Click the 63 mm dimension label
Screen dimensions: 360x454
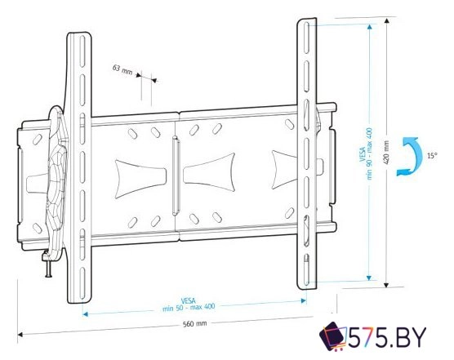pyautogui.click(x=122, y=70)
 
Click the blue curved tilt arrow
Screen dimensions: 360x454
pyautogui.click(x=406, y=155)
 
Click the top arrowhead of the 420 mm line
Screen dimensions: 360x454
pyautogui.click(x=372, y=25)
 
